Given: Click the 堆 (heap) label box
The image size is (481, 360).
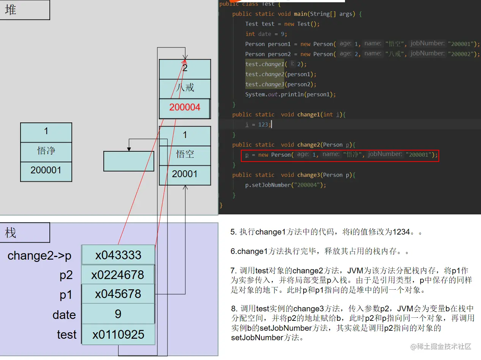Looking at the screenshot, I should pos(25,10).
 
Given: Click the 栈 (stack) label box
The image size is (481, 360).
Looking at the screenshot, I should pos(25,233).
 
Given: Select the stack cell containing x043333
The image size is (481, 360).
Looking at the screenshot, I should pos(118,255).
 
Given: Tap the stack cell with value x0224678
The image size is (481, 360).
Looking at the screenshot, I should pos(118,275).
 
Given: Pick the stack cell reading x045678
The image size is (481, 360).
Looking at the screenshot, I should pos(118,294).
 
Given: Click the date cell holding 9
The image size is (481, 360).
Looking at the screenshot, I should pos(118,314).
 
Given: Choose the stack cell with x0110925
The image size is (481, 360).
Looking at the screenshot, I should pos(118,335).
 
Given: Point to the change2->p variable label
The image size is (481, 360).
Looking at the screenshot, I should pos(40,256).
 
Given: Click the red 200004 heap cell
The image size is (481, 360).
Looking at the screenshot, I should pos(185,108).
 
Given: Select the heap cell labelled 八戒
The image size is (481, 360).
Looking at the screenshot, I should pos(185,88).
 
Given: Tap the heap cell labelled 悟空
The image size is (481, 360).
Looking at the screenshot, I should pos(185,154).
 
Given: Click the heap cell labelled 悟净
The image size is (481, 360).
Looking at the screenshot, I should pos(46,151).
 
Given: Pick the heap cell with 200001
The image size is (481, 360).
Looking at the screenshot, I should pos(46,170).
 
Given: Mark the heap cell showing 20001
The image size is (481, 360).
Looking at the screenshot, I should pos(185,174).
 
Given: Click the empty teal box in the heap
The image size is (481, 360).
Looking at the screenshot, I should pos(129,161).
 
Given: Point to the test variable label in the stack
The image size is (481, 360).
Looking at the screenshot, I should pos(66,335).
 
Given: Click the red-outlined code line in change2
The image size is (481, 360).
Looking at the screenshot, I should pos(340,155).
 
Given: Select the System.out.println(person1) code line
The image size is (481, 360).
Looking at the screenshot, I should pos(290,94).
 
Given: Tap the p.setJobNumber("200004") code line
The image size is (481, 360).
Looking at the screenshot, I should pos(286,185).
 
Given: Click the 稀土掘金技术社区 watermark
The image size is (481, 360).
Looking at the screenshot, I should pos(440,346).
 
